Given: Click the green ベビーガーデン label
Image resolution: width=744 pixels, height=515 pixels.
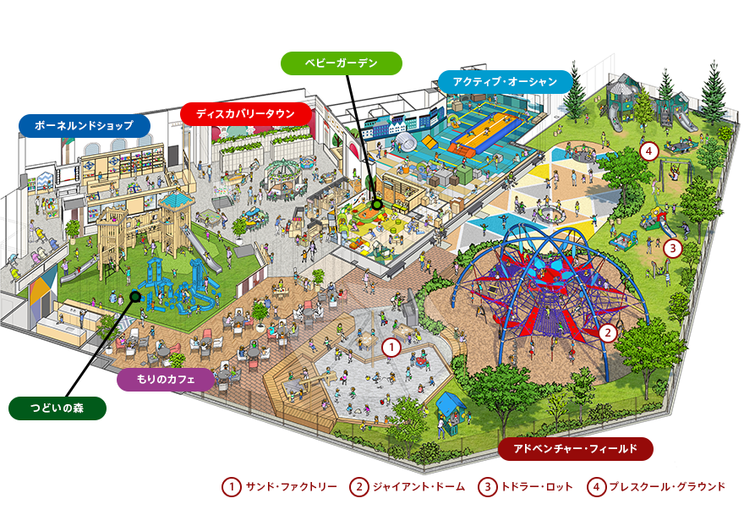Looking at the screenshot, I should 341,63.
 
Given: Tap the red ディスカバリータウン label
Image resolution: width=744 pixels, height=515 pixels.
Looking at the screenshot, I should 246,113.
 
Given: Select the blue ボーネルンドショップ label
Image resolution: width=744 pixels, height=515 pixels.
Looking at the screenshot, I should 85,126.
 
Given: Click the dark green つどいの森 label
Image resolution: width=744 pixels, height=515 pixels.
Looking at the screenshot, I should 57,408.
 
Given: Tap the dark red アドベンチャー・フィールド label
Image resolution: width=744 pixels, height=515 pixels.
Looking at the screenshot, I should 575,448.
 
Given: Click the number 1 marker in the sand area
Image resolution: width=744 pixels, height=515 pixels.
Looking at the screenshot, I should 390,346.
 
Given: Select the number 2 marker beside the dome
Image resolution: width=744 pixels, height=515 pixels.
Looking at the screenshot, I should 607,332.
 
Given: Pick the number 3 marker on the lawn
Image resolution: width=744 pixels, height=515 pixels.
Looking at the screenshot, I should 672,249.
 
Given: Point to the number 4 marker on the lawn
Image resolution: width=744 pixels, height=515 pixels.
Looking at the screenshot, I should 648,152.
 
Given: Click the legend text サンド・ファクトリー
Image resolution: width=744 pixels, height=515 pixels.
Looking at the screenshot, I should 291,487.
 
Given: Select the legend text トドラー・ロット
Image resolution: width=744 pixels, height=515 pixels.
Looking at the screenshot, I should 537,487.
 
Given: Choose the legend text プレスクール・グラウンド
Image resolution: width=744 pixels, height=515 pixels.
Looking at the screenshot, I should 668,487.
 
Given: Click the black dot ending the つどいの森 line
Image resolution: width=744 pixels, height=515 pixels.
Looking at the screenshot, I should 134,296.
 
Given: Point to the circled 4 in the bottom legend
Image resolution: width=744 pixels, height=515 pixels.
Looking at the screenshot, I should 596,487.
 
